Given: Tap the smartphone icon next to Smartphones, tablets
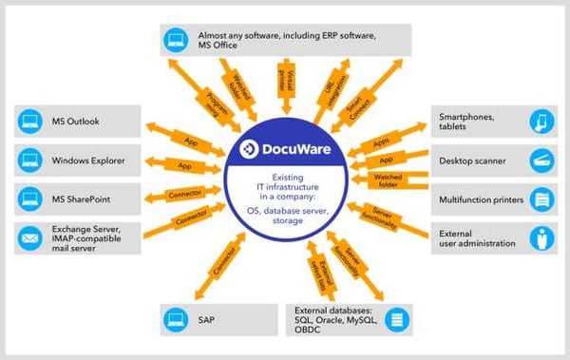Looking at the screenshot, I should (x=539, y=122).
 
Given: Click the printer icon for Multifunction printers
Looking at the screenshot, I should (x=539, y=199).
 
